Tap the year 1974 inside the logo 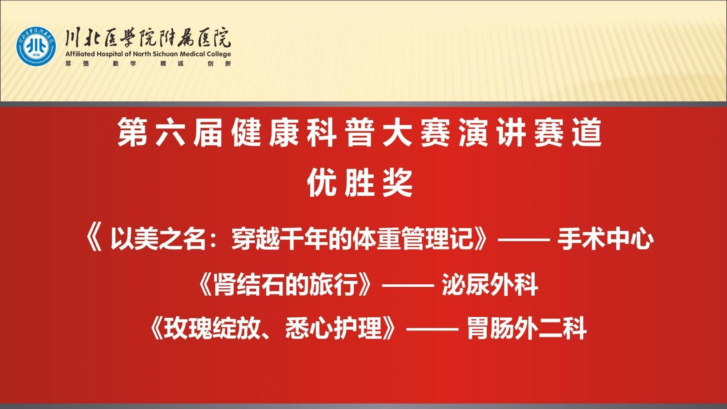[36, 55]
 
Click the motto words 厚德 [77, 64]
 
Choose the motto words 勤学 [125, 64]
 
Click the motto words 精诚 [172, 64]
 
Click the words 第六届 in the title [170, 133]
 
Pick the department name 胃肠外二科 [527, 328]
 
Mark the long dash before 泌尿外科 [407, 285]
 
